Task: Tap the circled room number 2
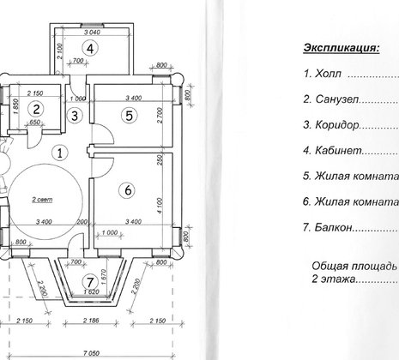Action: click(36, 109)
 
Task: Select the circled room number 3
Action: click(76, 115)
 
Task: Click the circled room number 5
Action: click(129, 114)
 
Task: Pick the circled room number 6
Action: click(129, 190)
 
